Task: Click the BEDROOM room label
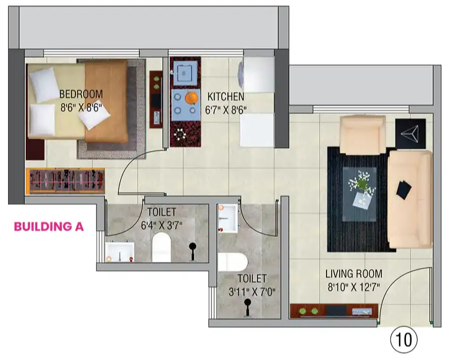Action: point(81,94)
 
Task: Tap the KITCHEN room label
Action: point(226,97)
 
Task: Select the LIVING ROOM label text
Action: point(354,274)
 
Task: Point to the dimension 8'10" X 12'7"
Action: point(354,287)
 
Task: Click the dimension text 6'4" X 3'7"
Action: point(162,225)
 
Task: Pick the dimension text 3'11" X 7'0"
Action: point(252,292)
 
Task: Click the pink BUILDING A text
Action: point(49,227)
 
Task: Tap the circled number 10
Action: point(404,340)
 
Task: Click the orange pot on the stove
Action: point(191,98)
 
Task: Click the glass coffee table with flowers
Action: point(360,194)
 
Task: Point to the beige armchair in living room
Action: point(362,135)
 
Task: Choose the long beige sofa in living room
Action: point(410,200)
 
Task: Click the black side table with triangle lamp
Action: point(410,133)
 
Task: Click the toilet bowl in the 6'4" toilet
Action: point(162,247)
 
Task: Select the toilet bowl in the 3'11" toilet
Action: point(233,262)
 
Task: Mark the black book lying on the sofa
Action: point(404,190)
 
